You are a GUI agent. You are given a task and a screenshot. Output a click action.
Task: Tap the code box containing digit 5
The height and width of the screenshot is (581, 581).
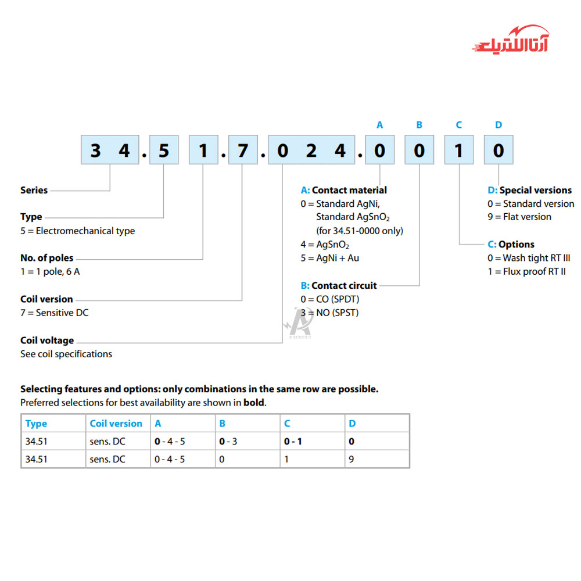163,151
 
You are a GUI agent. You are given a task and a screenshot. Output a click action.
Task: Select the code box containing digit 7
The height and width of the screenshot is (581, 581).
242,151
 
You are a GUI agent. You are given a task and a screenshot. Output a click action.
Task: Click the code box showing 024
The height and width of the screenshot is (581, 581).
311,151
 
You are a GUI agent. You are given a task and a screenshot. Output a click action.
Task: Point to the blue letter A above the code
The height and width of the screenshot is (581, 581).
380,125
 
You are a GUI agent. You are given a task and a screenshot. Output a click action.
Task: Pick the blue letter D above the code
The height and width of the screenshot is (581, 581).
498,125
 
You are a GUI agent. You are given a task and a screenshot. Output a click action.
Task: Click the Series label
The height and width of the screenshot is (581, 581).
34,190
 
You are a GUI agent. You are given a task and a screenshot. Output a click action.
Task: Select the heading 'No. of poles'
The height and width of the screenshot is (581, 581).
47,258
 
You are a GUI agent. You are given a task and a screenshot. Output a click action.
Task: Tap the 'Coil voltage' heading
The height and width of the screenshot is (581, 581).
47,340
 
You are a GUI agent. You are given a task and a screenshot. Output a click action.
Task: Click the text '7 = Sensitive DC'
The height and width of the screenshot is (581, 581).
55,313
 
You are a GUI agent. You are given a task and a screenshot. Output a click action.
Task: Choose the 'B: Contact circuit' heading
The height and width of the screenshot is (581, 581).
339,285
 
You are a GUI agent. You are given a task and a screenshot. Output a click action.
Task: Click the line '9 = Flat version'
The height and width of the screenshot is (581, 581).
519,217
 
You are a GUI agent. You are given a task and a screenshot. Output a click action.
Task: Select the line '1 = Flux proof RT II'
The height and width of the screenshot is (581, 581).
526,271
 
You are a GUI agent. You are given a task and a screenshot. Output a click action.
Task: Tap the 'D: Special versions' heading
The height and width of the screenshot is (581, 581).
529,190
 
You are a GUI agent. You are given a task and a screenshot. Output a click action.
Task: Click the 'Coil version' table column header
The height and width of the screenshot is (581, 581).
116,424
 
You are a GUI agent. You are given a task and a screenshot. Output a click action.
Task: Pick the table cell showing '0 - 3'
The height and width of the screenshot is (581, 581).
228,441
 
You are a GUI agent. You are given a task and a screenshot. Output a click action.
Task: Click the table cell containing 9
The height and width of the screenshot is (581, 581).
352,459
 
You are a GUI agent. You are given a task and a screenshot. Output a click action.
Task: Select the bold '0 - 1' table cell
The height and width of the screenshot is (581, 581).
293,441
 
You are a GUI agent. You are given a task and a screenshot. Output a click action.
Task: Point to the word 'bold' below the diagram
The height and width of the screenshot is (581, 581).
253,402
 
